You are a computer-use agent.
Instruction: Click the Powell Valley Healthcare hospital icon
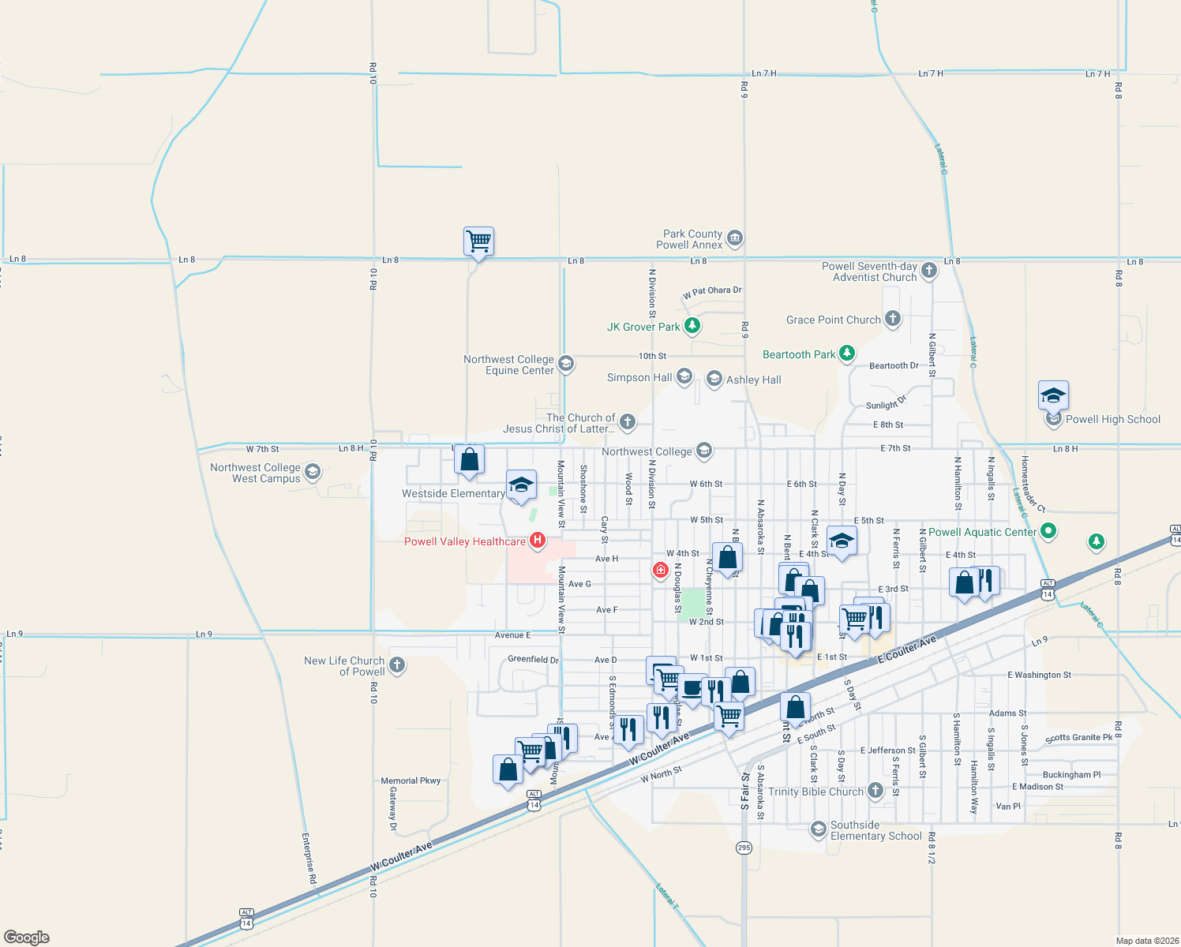pyautogui.click(x=538, y=541)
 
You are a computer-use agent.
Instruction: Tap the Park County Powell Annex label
pyautogui.click(x=692, y=239)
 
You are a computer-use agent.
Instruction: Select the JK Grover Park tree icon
pyautogui.click(x=692, y=325)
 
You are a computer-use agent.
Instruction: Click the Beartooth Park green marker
pyautogui.click(x=847, y=354)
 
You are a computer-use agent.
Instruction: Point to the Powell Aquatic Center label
pyautogui.click(x=982, y=532)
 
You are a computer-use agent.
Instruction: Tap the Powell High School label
pyautogui.click(x=1112, y=420)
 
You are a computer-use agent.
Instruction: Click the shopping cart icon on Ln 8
pyautogui.click(x=478, y=241)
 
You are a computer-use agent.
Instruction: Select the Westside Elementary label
pyautogui.click(x=453, y=494)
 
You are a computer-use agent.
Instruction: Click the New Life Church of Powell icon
pyautogui.click(x=397, y=665)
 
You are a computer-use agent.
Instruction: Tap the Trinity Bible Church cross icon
pyautogui.click(x=875, y=791)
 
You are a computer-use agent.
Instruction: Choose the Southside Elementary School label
pyautogui.click(x=875, y=830)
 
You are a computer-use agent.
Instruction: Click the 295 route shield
pyautogui.click(x=744, y=848)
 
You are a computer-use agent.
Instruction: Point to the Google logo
pyautogui.click(x=27, y=937)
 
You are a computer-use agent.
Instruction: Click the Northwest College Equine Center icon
pyautogui.click(x=565, y=364)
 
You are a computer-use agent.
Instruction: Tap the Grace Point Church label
pyautogui.click(x=833, y=320)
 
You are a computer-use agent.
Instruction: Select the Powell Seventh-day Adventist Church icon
pyautogui.click(x=929, y=270)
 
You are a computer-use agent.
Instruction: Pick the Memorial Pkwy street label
pyautogui.click(x=411, y=780)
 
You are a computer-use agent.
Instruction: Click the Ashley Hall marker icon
pyautogui.click(x=714, y=380)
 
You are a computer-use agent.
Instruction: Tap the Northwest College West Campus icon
pyautogui.click(x=312, y=472)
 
